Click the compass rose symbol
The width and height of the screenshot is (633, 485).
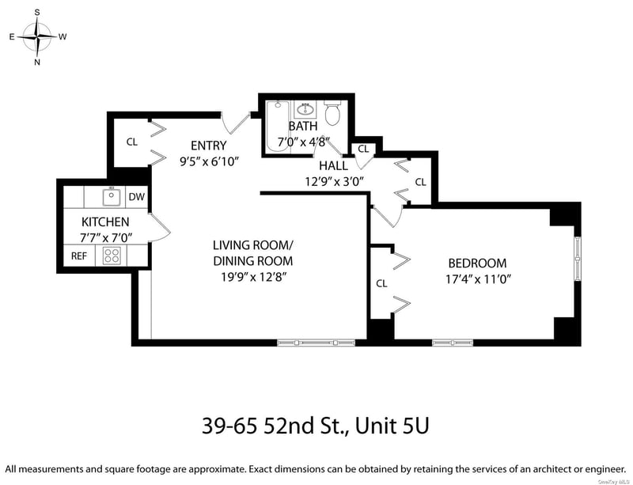click(x=37, y=36)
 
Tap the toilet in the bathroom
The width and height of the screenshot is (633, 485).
click(x=333, y=112)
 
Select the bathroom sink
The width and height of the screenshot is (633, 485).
click(x=305, y=109)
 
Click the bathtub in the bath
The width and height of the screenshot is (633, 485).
click(x=278, y=127)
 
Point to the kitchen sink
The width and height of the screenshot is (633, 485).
click(x=111, y=197)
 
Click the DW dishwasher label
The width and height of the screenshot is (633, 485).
click(x=136, y=197)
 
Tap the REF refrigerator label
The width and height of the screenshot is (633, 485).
click(x=79, y=256)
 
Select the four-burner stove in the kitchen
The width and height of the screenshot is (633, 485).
click(x=112, y=256)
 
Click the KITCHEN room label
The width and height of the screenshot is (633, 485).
click(x=105, y=222)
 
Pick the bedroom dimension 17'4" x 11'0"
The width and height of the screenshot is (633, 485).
click(x=479, y=279)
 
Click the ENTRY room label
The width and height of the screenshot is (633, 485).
click(x=209, y=146)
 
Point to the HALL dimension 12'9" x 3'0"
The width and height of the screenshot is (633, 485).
click(x=335, y=181)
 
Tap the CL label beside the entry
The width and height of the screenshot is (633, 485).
click(x=132, y=142)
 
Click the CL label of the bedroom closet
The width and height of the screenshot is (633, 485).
click(x=381, y=283)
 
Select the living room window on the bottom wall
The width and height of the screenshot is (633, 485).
click(x=316, y=343)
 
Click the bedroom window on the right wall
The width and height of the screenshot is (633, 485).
click(x=578, y=259)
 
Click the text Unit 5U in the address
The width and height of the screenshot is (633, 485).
click(x=392, y=426)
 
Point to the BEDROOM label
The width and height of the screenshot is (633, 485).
click(x=478, y=263)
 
